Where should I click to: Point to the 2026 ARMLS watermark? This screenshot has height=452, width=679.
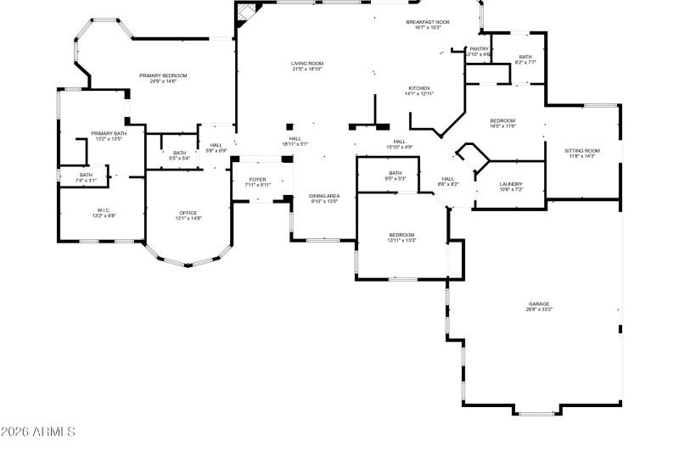click(x=38, y=432)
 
